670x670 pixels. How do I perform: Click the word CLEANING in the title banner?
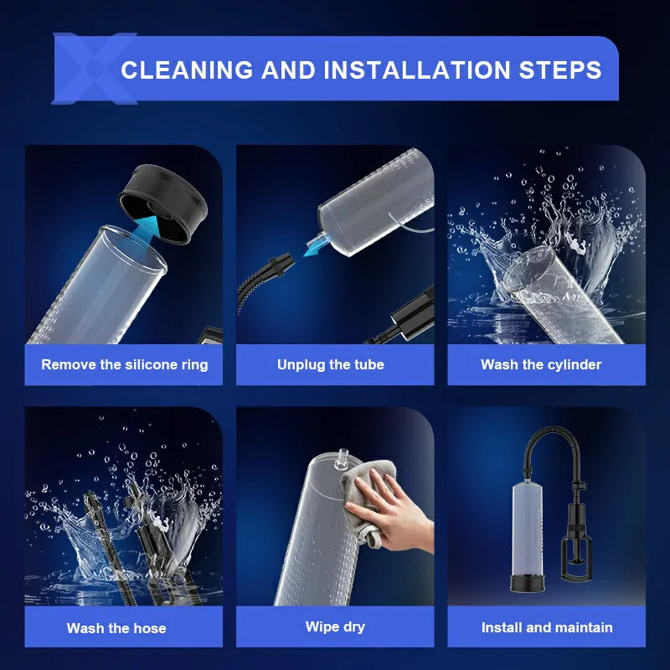coord(187,70)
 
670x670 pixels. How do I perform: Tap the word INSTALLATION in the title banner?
coord(417,70)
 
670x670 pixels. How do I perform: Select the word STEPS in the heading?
coord(560,70)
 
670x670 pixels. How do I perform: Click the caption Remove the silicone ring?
coord(125,364)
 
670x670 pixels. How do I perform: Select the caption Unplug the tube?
coord(331,364)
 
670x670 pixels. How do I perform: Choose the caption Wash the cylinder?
coord(541,364)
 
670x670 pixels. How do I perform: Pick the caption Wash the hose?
coord(116,628)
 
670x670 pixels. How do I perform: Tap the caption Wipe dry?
coord(336,626)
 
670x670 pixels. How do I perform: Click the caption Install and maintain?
coord(547,627)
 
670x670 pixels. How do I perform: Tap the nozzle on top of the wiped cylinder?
coord(343,458)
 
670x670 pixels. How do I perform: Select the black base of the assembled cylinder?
coord(528,583)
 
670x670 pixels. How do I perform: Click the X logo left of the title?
coord(95,69)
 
